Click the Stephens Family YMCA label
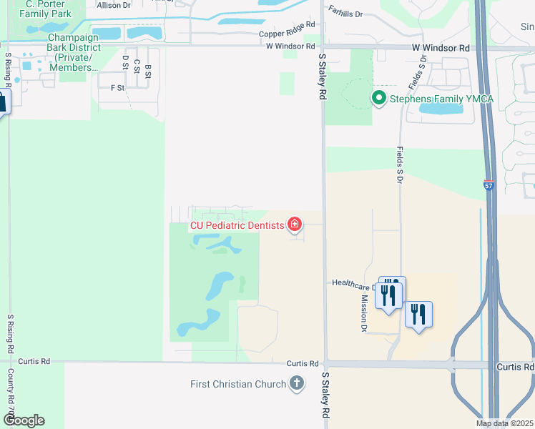[x=441, y=99]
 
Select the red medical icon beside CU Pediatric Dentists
[x=294, y=225]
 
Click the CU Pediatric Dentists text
[x=237, y=225]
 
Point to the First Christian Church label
[x=238, y=384]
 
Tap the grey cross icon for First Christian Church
[x=297, y=384]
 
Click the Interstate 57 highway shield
[x=489, y=185]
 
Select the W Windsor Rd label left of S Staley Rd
[x=290, y=46]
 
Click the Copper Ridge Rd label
[x=286, y=34]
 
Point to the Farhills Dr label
[x=346, y=12]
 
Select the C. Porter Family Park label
[x=46, y=9]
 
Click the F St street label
[x=117, y=88]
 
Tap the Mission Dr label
[x=364, y=314]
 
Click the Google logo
[x=23, y=420]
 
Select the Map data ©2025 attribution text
[x=504, y=423]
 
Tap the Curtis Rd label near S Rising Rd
[x=34, y=362]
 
